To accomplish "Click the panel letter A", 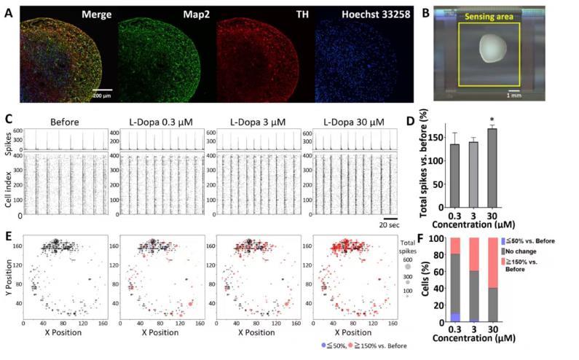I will pyautogui.click(x=8, y=12).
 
